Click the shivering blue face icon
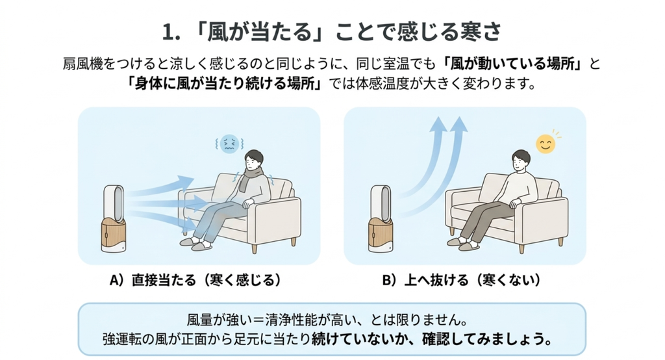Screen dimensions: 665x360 coord(229,144)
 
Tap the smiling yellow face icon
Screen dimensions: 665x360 coord(546,144)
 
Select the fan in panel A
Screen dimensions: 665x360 coord(114,218)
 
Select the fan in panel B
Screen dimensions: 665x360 coord(381,218)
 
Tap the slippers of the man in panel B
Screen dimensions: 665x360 coord(464,244)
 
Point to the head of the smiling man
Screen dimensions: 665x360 coord(520,160)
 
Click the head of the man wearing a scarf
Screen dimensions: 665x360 coord(254,160)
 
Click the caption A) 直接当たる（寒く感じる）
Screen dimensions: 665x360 coord(195,280)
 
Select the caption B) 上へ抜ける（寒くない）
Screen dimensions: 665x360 coord(462,280)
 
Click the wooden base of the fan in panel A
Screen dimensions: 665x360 coord(114,235)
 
